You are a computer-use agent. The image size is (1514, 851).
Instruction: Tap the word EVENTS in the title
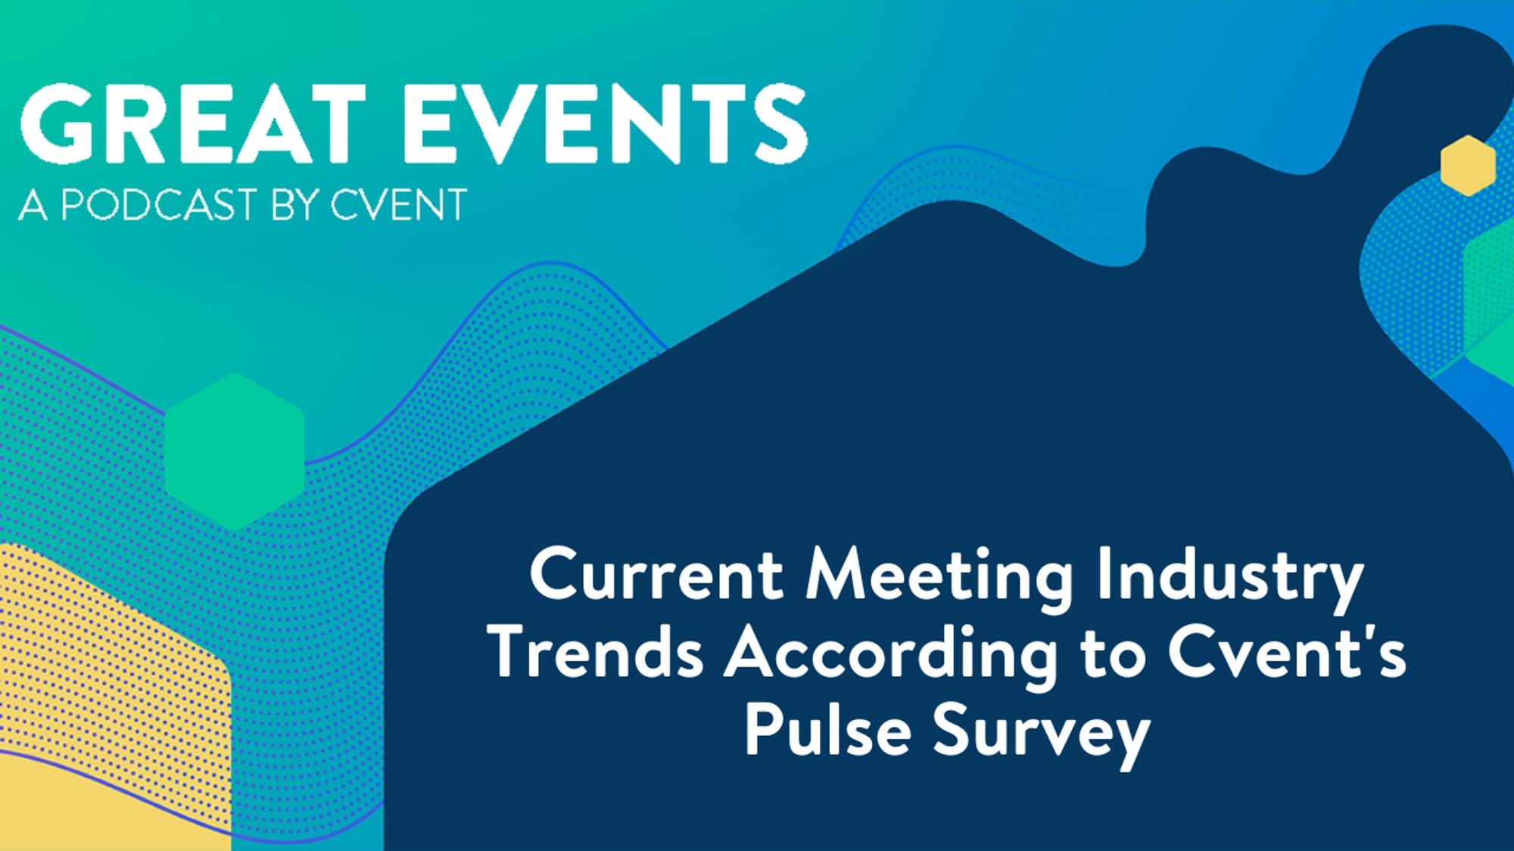(x=606, y=123)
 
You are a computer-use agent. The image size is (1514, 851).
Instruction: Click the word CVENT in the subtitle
(x=398, y=204)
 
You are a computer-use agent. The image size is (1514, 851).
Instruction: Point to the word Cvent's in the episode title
(x=1287, y=651)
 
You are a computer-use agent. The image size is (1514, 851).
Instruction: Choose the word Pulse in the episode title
(x=827, y=728)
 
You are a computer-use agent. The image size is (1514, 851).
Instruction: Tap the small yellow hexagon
(x=1468, y=166)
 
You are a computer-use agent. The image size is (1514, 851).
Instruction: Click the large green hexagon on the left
(x=235, y=452)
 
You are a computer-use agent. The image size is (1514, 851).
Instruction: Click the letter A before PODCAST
(x=33, y=204)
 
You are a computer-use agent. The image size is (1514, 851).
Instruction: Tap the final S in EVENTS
(x=782, y=123)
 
